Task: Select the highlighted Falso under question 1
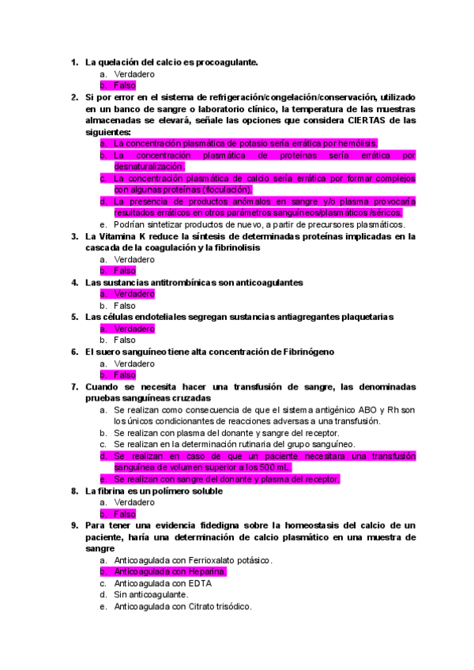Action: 125,85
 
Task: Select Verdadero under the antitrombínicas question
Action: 134,294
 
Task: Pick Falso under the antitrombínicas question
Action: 125,306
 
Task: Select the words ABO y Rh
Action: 381,409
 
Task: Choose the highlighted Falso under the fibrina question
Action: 125,514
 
